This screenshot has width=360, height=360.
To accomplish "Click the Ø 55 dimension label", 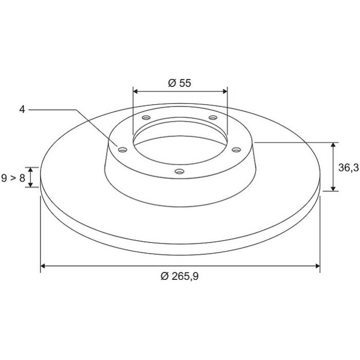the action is pos(179,83).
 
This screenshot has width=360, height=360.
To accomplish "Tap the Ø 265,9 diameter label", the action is pos(179,276).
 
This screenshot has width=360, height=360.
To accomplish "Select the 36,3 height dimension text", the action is pos(349,168).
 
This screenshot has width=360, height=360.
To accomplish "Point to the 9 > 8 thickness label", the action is pos(13,178).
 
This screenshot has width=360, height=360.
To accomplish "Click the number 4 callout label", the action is pos(22,110).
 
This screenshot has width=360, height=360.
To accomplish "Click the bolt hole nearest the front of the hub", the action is pos(179,171).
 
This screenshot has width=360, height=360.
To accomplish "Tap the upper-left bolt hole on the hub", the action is pos(146,118).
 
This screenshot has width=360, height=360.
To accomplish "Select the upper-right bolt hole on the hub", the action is pos(213,118).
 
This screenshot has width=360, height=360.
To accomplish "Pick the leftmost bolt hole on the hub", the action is pos(123,150).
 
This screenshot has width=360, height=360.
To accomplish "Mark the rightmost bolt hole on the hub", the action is pos(236,150).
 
